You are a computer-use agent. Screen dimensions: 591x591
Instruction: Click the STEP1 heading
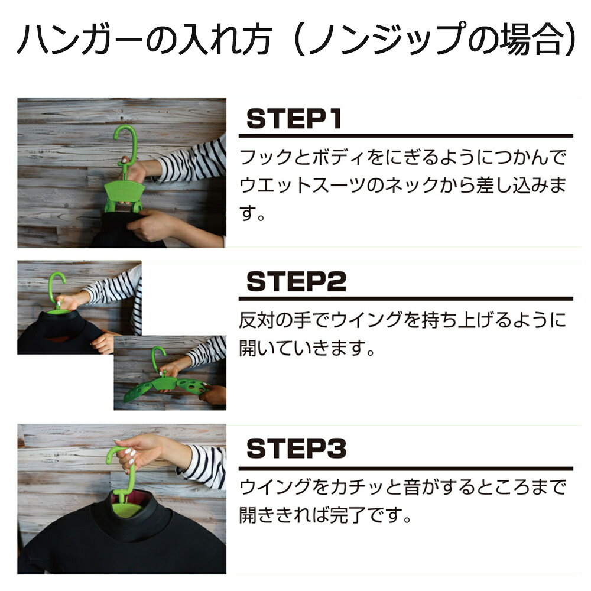point(294,119)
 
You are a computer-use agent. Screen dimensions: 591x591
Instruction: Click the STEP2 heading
point(296,281)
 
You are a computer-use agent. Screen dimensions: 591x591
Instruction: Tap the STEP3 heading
point(296,448)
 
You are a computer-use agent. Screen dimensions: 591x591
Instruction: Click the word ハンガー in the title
point(80,40)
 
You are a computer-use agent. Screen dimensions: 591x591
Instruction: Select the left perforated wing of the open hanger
point(138,391)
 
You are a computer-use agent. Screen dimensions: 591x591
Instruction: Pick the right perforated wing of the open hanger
point(192,386)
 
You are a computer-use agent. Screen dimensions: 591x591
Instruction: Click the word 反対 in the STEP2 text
point(257,320)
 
